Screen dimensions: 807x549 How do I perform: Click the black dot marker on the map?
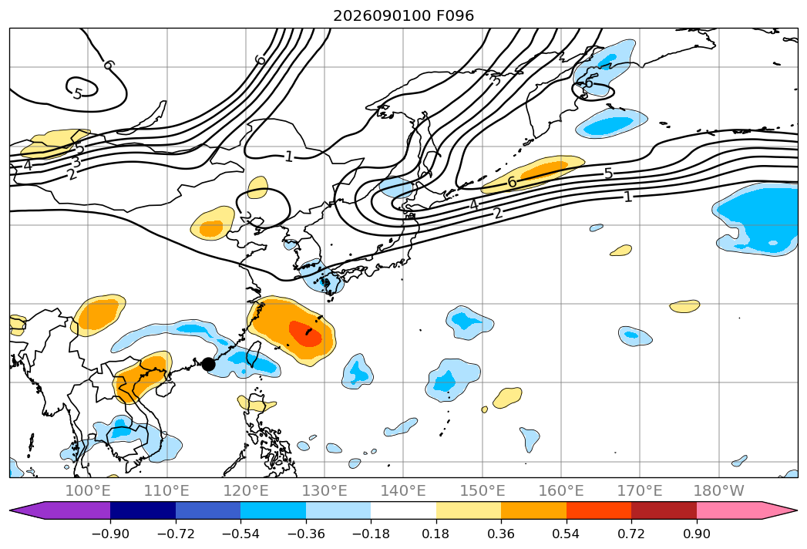point(208,364)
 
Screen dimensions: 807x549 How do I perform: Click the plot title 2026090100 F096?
point(404,15)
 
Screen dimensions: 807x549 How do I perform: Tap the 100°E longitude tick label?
point(88,490)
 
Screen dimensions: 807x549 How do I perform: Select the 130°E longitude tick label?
point(324,490)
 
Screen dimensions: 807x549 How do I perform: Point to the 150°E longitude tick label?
point(483,490)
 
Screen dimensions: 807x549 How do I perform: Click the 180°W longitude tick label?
point(719,490)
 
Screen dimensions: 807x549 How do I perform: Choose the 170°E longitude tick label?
point(640,490)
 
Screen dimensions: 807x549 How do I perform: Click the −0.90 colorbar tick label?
point(110,534)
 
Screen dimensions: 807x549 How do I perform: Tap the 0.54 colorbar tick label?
point(567,534)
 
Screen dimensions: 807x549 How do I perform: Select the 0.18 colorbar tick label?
point(436,534)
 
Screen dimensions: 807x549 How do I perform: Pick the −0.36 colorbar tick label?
point(306,534)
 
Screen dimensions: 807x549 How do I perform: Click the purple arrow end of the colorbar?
point(31,510)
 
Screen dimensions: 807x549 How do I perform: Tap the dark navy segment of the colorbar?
point(143,510)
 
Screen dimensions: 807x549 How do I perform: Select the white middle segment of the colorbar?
point(404,510)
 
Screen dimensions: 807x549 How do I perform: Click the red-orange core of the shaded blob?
point(306,332)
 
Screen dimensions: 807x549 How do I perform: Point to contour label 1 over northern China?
point(289,156)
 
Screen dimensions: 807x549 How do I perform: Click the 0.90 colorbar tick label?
point(696,534)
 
